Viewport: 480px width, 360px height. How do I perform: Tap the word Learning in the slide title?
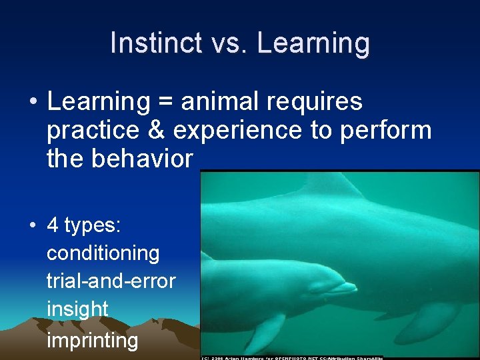pyautogui.click(x=313, y=43)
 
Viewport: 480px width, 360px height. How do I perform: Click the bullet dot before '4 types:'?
pyautogui.click(x=33, y=225)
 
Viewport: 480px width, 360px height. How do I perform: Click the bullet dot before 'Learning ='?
pyautogui.click(x=33, y=103)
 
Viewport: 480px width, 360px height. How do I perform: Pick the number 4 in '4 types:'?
pyautogui.click(x=53, y=225)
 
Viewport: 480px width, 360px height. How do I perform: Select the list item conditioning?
pyautogui.click(x=103, y=253)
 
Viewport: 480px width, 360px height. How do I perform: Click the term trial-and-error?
pyautogui.click(x=111, y=281)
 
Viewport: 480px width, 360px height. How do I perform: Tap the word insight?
pyautogui.click(x=77, y=309)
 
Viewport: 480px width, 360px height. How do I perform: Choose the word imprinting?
pyautogui.click(x=92, y=340)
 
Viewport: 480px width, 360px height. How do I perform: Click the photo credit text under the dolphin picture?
pyautogui.click(x=293, y=357)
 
